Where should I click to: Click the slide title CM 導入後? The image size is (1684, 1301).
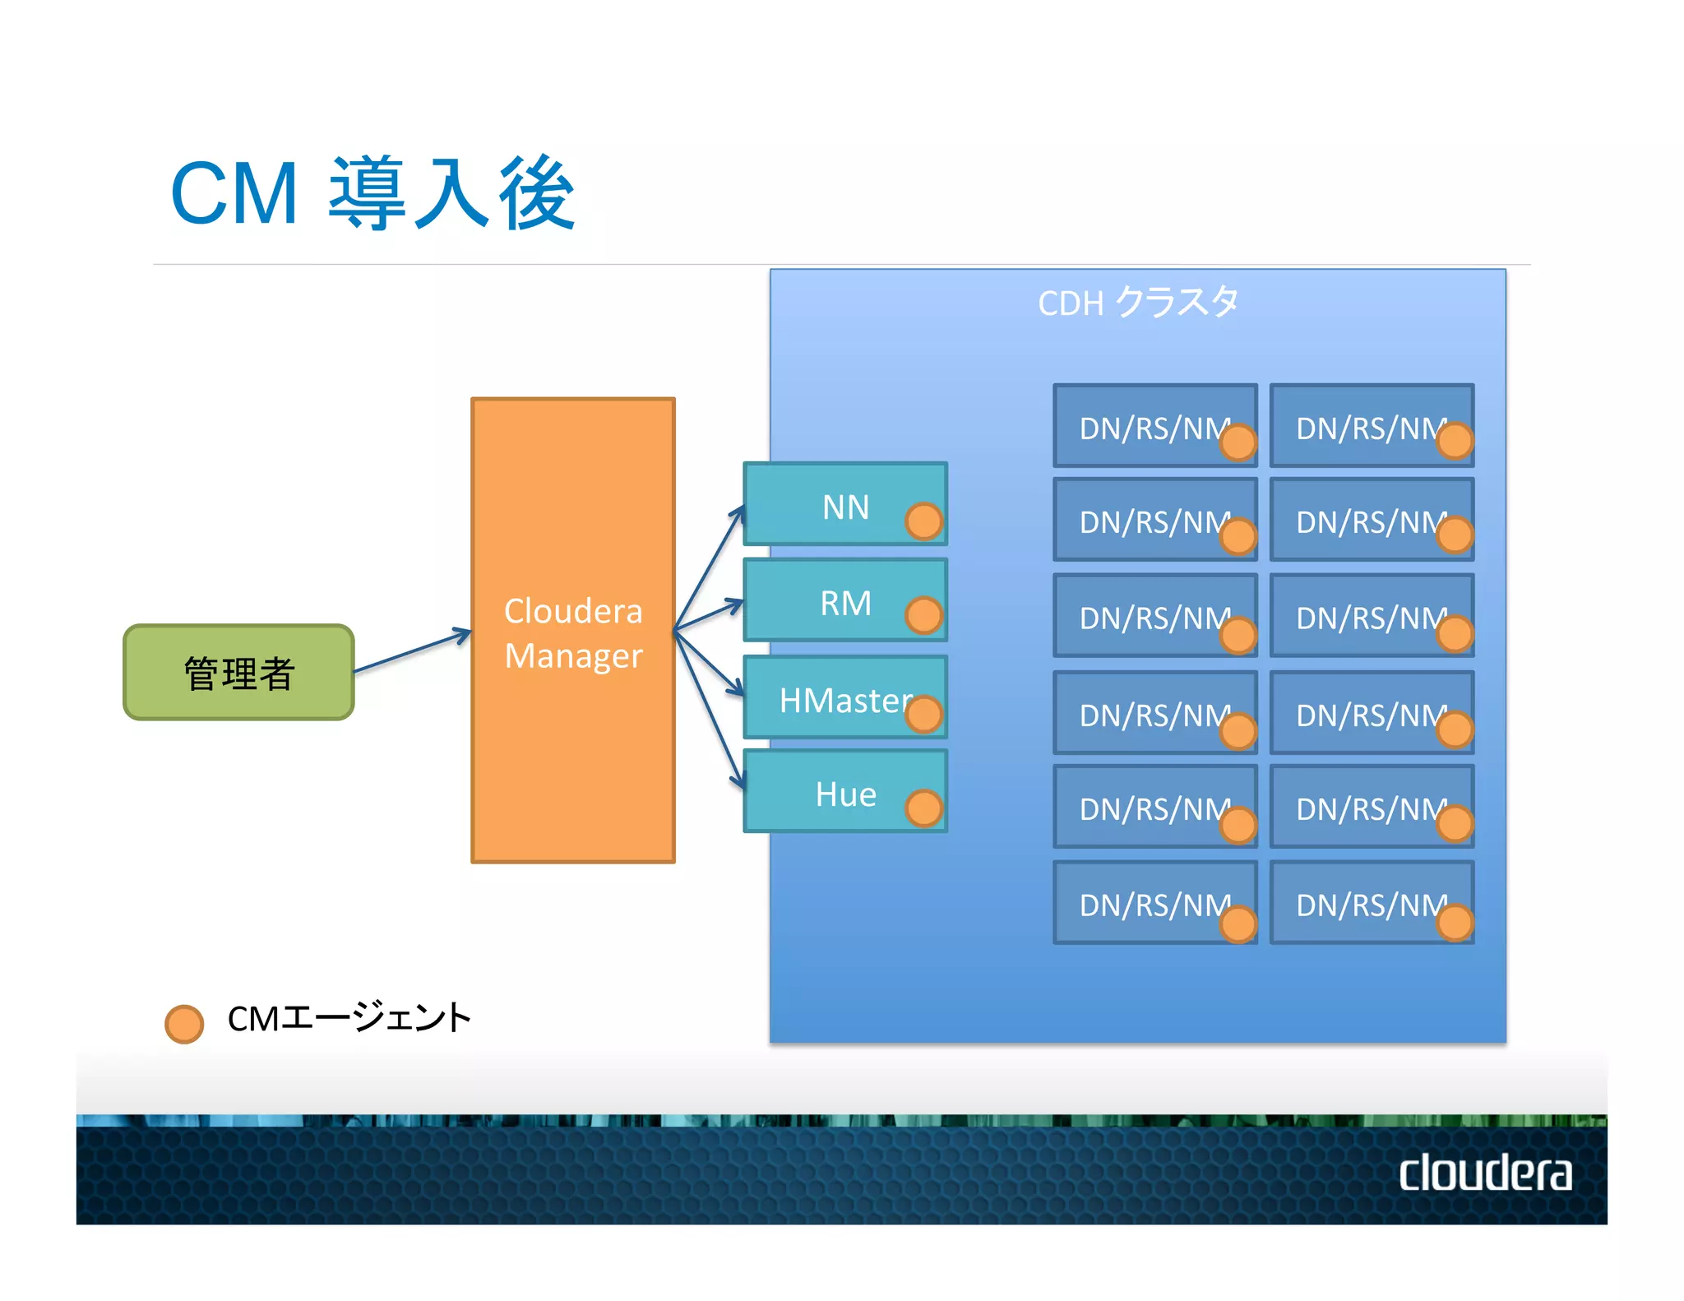point(372,194)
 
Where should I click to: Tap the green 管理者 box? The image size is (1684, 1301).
point(238,673)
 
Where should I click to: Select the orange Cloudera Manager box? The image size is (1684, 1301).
point(573,631)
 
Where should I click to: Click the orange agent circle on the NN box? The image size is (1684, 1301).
point(923,521)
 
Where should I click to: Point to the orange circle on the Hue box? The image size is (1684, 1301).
point(923,808)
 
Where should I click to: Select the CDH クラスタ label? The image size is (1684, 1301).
point(1137,303)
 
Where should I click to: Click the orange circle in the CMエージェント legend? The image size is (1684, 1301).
point(184,1024)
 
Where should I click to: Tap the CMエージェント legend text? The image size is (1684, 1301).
point(349,1018)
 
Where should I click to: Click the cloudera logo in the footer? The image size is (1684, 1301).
point(1485,1173)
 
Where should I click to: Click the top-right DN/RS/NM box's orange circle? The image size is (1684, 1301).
point(1455,441)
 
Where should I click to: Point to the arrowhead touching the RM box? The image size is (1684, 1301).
point(733,605)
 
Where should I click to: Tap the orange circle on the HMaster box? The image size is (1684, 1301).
point(923,714)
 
